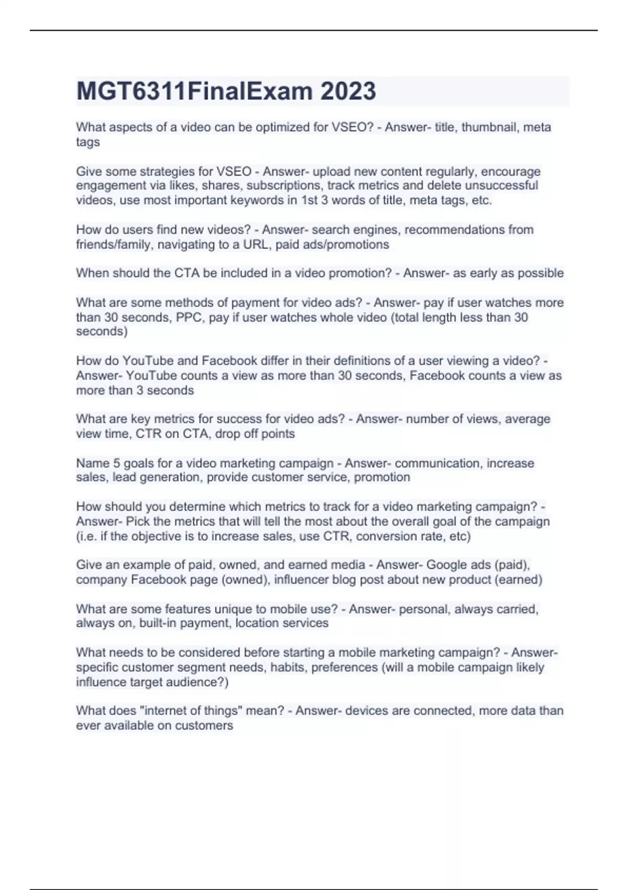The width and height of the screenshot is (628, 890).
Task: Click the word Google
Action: (x=445, y=565)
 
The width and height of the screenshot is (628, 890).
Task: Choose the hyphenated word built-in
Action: (x=156, y=624)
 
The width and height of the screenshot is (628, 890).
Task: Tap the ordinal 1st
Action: (x=309, y=201)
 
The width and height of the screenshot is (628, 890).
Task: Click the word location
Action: (x=256, y=624)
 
